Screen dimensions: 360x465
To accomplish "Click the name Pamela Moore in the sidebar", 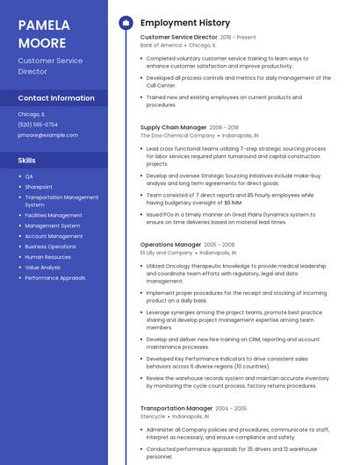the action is click(x=42, y=33).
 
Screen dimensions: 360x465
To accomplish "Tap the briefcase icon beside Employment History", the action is click(x=126, y=22).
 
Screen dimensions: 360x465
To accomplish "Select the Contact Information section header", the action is click(x=56, y=98).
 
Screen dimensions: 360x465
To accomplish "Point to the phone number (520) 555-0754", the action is click(x=38, y=125).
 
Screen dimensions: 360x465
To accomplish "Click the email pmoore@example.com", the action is click(x=47, y=135).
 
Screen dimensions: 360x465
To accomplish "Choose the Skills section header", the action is click(x=26, y=161).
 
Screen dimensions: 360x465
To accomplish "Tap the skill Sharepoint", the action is click(x=39, y=187).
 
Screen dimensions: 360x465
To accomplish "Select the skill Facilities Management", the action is click(x=54, y=215).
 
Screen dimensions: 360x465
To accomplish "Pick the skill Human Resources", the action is click(x=47, y=257).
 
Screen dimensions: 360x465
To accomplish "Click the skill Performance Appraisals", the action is click(x=55, y=277).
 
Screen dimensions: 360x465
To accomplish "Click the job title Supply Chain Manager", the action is click(x=173, y=127).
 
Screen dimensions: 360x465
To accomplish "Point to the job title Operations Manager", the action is click(x=170, y=245).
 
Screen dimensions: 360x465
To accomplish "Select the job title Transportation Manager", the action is click(x=176, y=408).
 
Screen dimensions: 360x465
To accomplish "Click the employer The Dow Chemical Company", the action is click(x=177, y=136).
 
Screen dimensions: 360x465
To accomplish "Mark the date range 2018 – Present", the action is click(x=238, y=37).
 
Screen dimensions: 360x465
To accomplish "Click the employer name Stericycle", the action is click(x=154, y=417).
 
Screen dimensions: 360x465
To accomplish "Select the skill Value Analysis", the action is click(x=42, y=268).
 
